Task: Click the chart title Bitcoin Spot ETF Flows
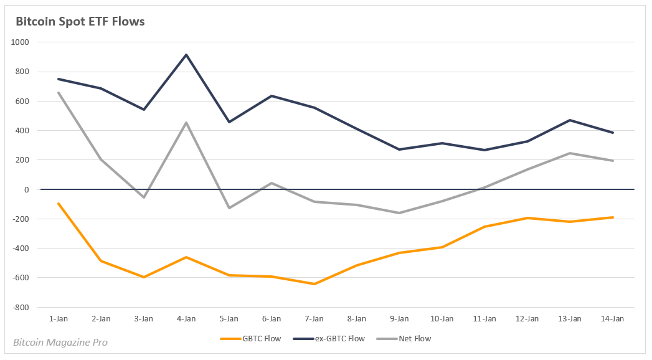point(80,22)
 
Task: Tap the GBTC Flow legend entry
point(250,339)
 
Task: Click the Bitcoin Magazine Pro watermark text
point(60,343)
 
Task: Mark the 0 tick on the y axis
point(26,189)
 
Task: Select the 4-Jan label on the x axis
point(186,318)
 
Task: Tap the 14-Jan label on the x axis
point(612,318)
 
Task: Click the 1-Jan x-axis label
point(59,318)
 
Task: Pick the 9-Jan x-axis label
point(399,318)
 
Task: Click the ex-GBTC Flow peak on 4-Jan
point(186,55)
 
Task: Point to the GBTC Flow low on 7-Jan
point(314,284)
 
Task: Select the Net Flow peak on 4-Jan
point(186,123)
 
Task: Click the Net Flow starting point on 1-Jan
point(59,93)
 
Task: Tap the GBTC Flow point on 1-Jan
point(59,204)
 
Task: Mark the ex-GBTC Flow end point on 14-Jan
point(612,133)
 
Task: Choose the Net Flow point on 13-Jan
point(570,153)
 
